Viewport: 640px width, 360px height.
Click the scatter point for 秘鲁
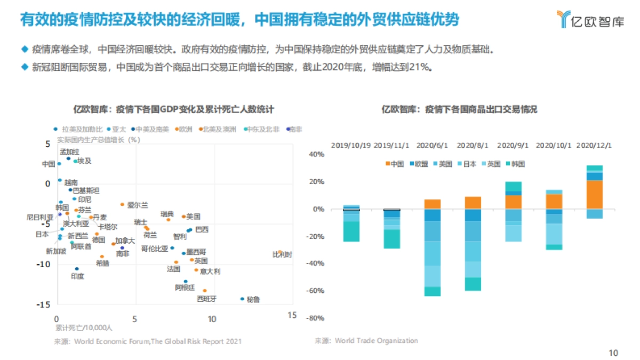pos(242,299)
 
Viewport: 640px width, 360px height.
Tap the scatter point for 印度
pos(77,269)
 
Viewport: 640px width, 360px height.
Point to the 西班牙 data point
pos(204,291)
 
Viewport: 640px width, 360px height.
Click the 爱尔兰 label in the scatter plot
pos(138,205)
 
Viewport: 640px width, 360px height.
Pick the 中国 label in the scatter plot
pos(49,164)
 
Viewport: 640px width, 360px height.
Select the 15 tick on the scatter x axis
pos(291,316)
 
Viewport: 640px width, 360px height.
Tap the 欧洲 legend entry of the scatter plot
pos(185,129)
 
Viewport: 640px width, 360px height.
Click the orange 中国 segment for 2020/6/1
pos(433,204)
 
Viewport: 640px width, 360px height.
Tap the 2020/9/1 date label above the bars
pos(513,145)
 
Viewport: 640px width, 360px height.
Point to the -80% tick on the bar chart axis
pos(315,318)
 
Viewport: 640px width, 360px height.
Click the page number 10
pos(613,353)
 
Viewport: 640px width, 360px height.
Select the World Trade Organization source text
pos(376,340)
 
